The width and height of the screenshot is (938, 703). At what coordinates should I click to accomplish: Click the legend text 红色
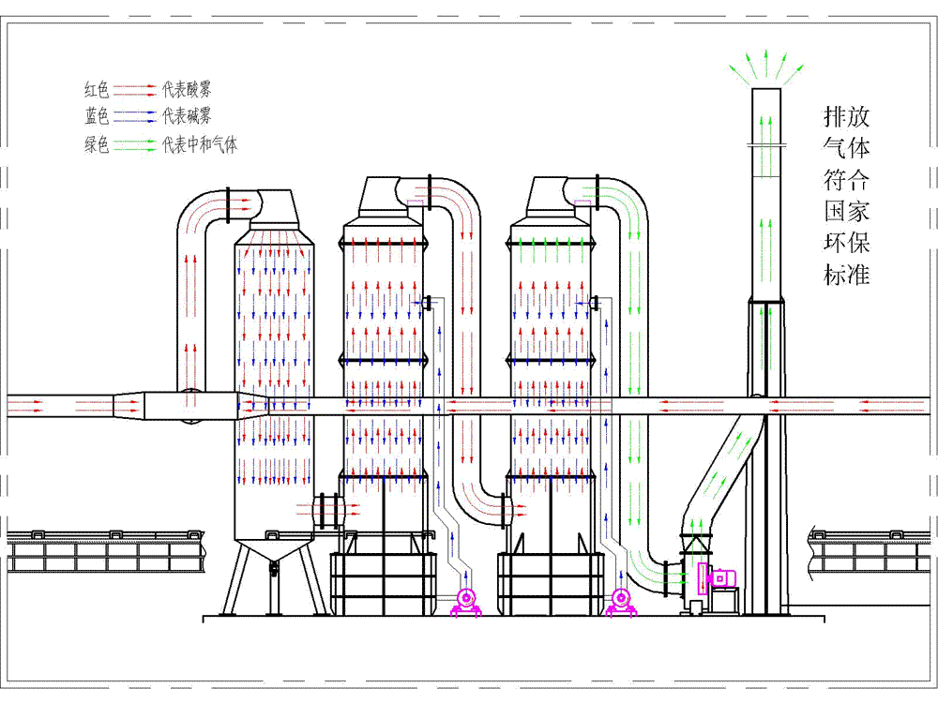[x=97, y=90]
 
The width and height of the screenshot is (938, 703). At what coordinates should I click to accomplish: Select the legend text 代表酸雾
[x=186, y=90]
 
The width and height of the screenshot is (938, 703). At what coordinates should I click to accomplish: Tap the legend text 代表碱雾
[x=186, y=116]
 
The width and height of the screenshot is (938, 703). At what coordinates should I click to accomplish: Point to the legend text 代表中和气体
[x=199, y=145]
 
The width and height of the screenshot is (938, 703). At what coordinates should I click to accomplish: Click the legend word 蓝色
[x=97, y=116]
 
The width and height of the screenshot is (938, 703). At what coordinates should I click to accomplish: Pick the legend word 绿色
[x=97, y=145]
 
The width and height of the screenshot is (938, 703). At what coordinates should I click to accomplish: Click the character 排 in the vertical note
[x=833, y=116]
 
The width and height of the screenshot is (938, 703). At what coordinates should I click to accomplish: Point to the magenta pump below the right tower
[x=619, y=600]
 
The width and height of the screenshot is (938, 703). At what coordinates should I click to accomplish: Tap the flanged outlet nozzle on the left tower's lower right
[x=329, y=511]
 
